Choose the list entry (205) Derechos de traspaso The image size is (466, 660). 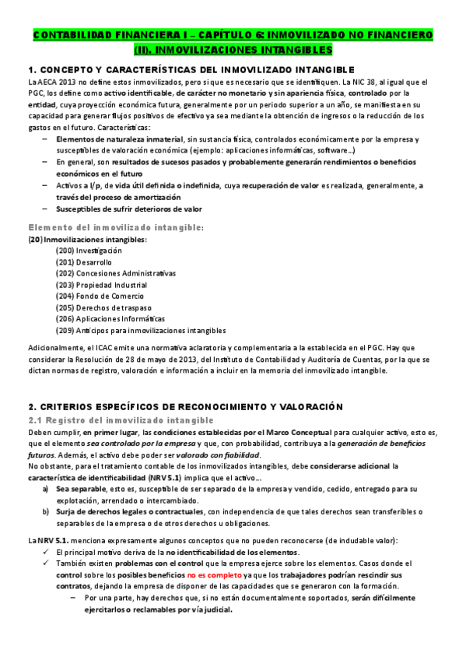tap(96, 307)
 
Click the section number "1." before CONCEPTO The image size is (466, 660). tap(31, 69)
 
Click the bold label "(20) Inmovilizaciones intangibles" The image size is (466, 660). tap(86, 239)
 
